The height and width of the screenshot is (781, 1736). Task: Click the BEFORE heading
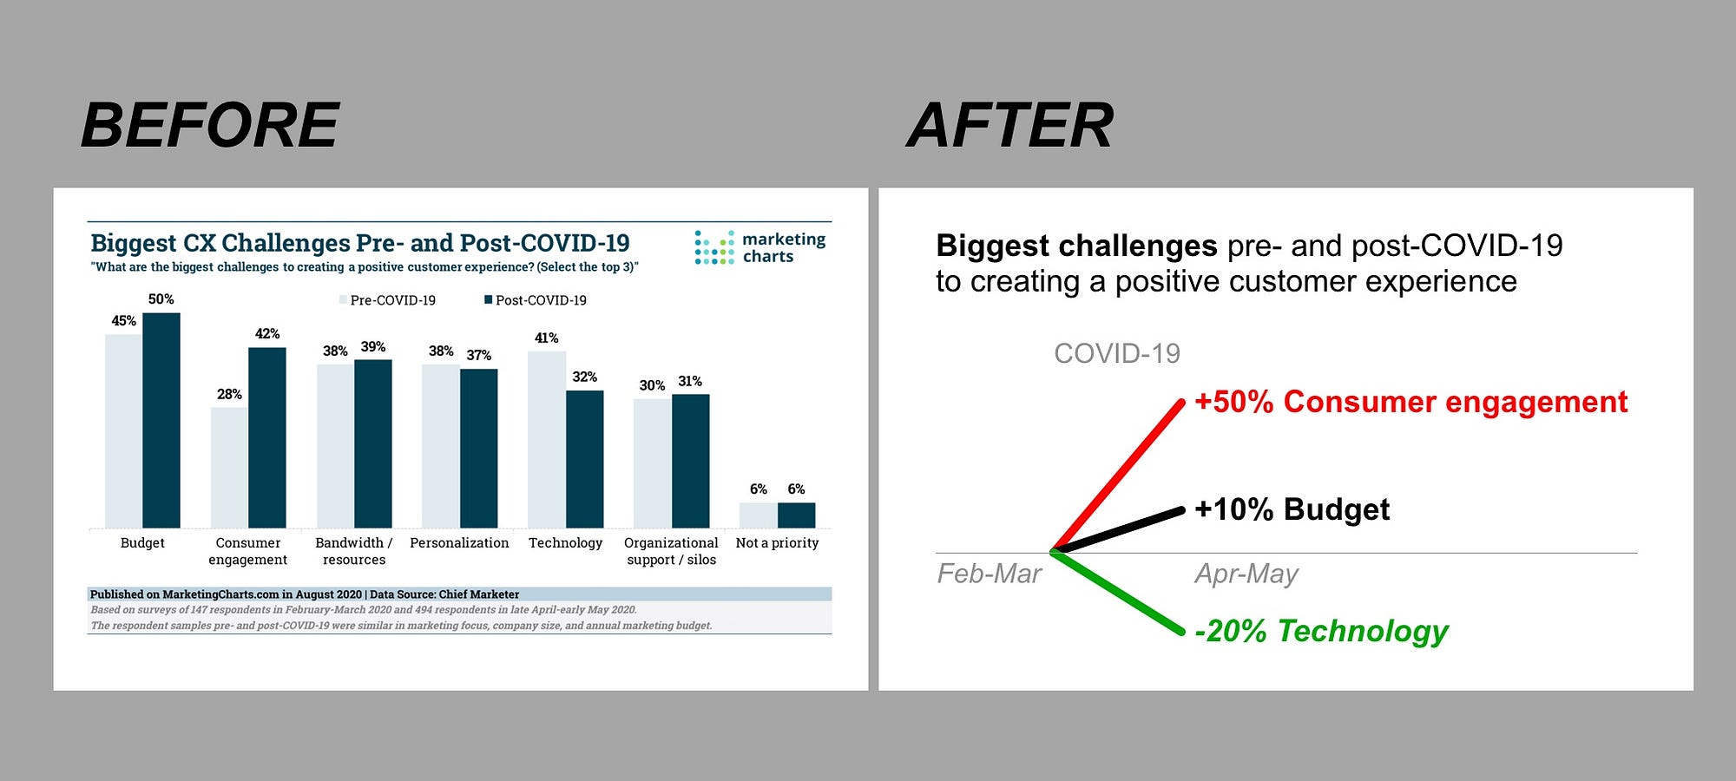point(210,125)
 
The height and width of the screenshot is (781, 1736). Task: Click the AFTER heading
point(1010,125)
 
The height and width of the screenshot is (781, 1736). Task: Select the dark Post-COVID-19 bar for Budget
point(161,420)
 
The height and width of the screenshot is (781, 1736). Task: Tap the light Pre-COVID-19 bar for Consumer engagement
point(229,468)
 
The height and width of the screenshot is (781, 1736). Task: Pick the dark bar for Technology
point(584,459)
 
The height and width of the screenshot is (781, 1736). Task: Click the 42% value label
point(267,334)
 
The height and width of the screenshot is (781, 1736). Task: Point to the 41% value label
point(546,338)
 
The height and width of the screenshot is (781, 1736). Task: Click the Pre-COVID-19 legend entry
point(388,300)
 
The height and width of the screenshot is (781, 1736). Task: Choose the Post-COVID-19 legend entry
point(536,300)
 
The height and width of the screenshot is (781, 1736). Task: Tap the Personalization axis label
point(459,543)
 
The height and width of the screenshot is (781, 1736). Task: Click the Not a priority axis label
point(777,543)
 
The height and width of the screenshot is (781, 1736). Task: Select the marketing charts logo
point(760,247)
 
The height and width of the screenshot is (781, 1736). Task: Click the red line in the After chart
point(1117,476)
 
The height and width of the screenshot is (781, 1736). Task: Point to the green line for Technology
point(1117,592)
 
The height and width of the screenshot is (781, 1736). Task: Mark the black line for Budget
point(1117,529)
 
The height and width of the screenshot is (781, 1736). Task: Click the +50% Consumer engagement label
point(1410,402)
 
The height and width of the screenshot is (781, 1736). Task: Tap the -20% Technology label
point(1321,631)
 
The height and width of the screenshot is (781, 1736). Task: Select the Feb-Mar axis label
point(990,574)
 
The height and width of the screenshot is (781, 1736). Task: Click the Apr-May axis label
point(1246,574)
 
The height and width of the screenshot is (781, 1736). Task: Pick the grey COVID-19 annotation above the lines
point(1117,353)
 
